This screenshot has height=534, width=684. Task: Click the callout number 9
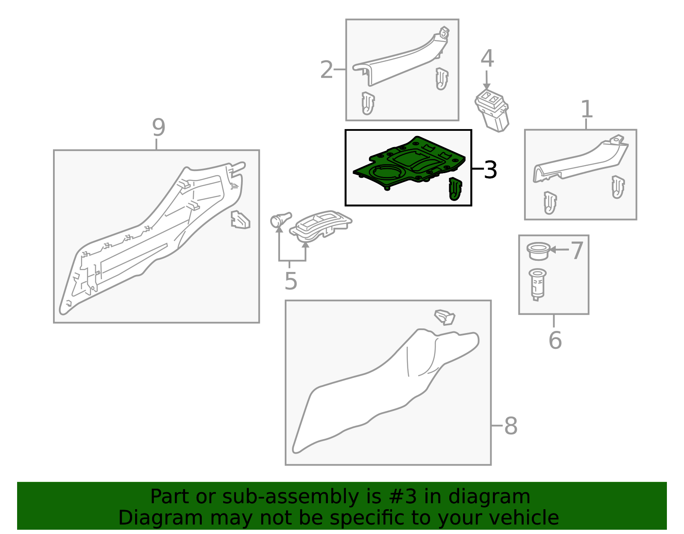coord(158,127)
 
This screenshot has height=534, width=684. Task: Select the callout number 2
coord(327,70)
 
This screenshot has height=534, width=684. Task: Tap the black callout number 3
coord(490,170)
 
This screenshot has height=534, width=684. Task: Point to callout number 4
coord(487,59)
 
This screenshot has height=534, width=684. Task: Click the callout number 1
coord(587,109)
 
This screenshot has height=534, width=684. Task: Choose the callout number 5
coord(291,281)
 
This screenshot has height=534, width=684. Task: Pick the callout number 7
coord(577,251)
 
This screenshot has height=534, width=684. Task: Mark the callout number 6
coord(555,340)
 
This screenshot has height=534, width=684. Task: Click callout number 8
coord(511,426)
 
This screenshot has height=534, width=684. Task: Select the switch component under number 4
coord(492,110)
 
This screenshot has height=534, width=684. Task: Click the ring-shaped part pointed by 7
coord(538,251)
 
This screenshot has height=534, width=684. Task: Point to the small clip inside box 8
coord(445,317)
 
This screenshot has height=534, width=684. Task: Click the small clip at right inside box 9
coord(240,219)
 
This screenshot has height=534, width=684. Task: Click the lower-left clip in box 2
coord(368,103)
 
